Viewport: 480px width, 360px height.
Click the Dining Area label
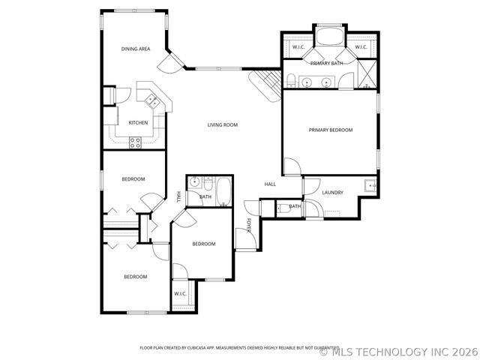coord(136,49)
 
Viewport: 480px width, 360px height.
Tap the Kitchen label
coord(138,122)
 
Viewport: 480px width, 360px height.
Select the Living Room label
coord(223,124)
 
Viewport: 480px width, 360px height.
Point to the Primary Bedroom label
coord(331,130)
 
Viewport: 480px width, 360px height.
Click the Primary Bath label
coord(327,64)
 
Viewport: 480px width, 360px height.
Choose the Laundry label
coord(332,193)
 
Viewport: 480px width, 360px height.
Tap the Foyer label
coord(249,225)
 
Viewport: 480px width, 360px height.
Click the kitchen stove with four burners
coord(136,142)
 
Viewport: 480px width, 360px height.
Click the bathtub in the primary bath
coord(328,37)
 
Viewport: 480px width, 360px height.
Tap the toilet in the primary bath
coord(289,81)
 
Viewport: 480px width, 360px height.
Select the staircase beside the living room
coord(265,83)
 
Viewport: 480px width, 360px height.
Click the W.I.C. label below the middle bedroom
coord(181,293)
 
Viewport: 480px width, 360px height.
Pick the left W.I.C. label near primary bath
coord(298,47)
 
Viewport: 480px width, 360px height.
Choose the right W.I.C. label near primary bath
coord(360,47)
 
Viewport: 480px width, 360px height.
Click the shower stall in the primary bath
coord(365,73)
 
